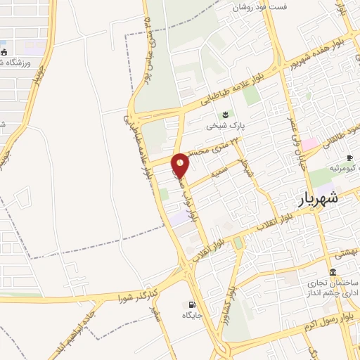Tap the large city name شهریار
tap(319, 199)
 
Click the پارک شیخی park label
tap(221, 127)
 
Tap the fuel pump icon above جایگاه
tap(191, 304)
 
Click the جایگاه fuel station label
tap(193, 316)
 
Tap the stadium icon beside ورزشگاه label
tap(5, 52)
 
